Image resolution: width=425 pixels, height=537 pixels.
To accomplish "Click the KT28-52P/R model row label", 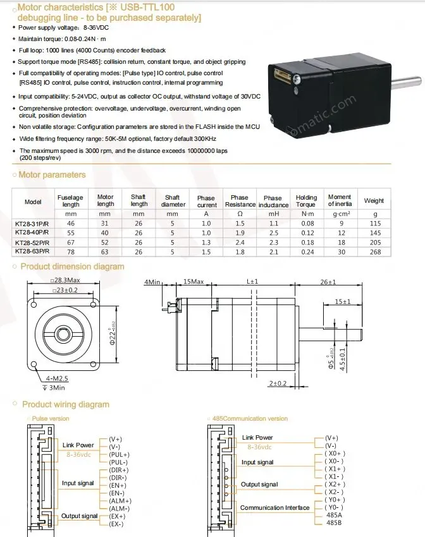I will pyautogui.click(x=34, y=243).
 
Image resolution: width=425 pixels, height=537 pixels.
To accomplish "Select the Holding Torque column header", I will pyautogui.click(x=306, y=201).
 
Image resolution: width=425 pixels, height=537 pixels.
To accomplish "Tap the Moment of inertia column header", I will pyautogui.click(x=340, y=201).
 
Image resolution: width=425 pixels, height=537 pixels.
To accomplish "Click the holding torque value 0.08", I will pyautogui.click(x=307, y=224).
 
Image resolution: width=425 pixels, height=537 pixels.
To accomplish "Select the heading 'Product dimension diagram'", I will pyautogui.click(x=72, y=267).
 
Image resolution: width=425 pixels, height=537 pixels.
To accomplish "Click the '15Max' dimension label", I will pyautogui.click(x=193, y=281).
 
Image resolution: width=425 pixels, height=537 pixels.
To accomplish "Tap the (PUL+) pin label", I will pyautogui.click(x=119, y=455).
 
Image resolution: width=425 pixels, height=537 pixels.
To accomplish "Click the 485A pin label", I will pyautogui.click(x=333, y=515).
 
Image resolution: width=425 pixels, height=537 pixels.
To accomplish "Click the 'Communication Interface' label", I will pyautogui.click(x=275, y=507).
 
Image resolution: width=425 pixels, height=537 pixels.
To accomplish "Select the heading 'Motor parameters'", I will pyautogui.click(x=52, y=175).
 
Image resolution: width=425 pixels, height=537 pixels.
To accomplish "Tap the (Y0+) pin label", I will pyautogui.click(x=336, y=500).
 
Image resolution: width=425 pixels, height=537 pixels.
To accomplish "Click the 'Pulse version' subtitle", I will pyautogui.click(x=51, y=418).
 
